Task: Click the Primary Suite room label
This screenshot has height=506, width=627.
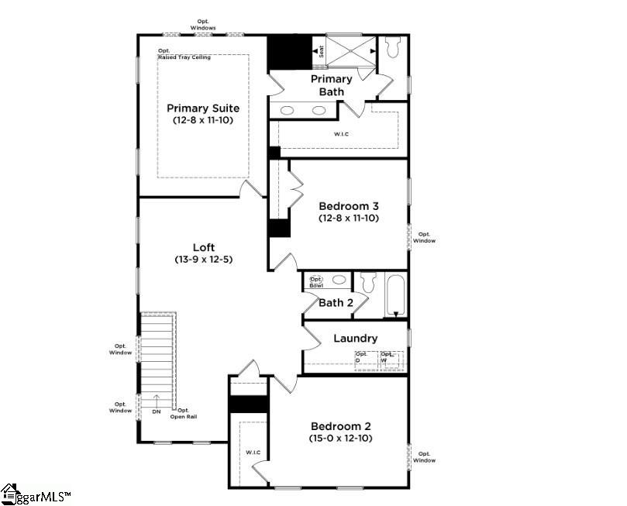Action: (203, 108)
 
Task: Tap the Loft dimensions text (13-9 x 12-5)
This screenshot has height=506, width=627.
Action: (203, 260)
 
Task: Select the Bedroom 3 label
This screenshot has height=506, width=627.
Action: (349, 206)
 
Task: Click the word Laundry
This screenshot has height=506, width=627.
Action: (355, 339)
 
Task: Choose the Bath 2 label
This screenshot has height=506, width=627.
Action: (336, 303)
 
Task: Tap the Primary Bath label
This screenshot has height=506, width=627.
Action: (331, 85)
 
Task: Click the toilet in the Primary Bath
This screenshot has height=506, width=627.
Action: (391, 49)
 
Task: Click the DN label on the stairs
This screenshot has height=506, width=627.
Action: (156, 412)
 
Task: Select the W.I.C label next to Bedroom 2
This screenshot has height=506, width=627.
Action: (253, 452)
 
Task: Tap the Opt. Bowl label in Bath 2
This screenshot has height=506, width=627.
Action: (316, 282)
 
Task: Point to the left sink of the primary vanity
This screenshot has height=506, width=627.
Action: (287, 111)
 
